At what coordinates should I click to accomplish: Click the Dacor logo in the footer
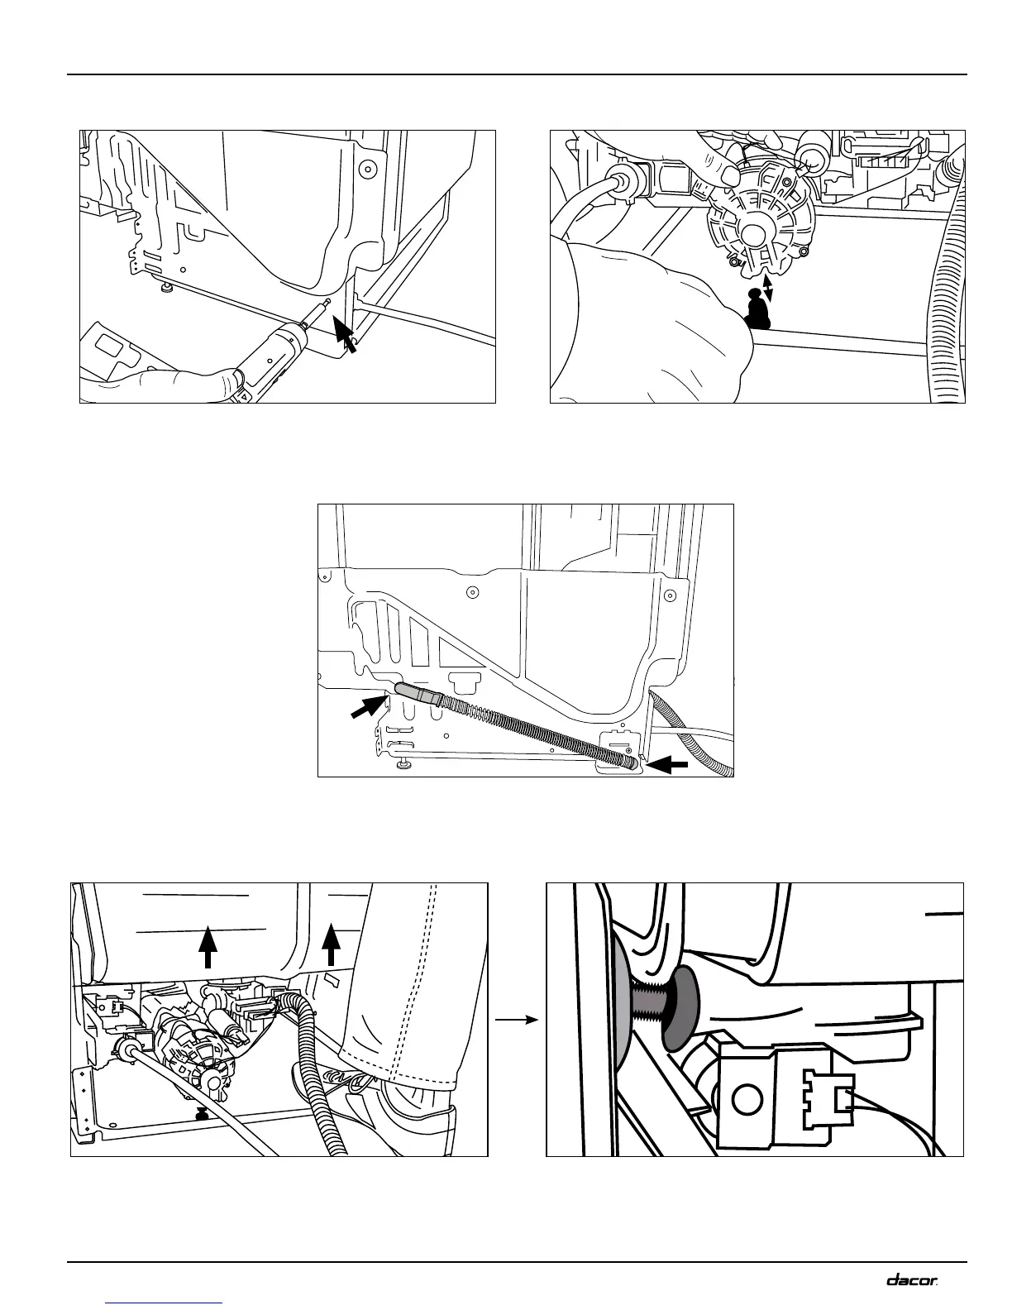point(913,1279)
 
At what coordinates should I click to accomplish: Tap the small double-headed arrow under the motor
point(769,288)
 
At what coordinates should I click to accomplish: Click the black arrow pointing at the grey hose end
point(369,708)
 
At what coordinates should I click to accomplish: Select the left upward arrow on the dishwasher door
point(208,947)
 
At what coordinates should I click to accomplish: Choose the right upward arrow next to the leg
point(331,945)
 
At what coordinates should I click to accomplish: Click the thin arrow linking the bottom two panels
point(518,1020)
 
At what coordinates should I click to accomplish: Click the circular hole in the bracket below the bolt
point(747,1099)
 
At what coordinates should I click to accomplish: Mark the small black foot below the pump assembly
point(200,1116)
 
